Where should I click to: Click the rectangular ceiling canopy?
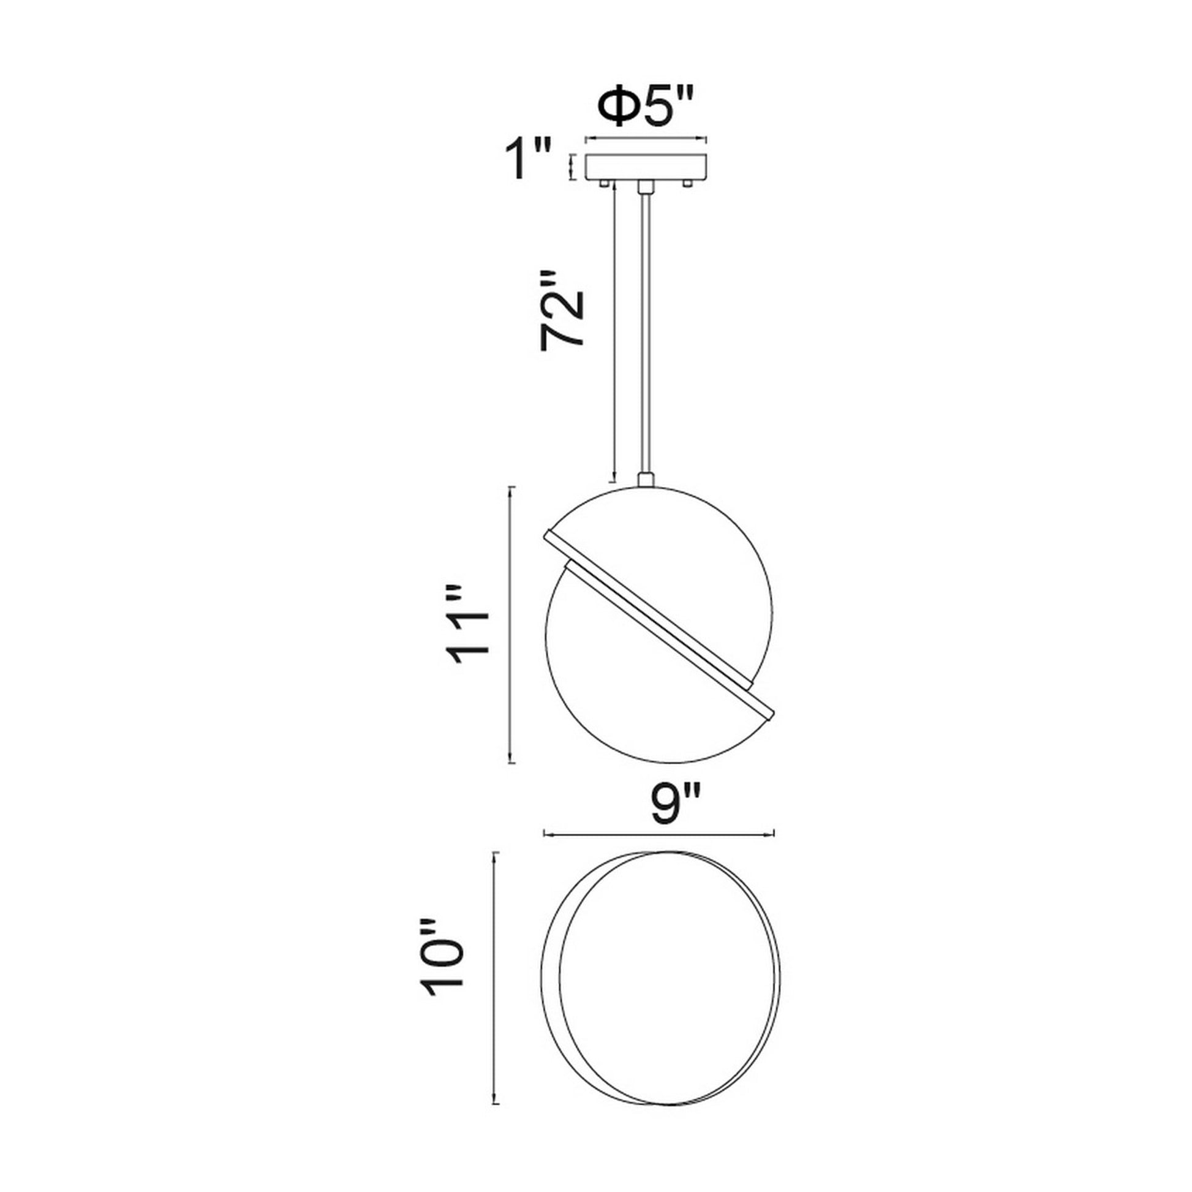[x=646, y=167]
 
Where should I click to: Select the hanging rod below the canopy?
[x=645, y=333]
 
